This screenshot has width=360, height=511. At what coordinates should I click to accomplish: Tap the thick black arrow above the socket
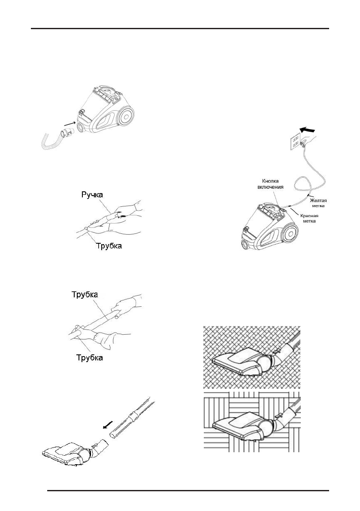[310, 129]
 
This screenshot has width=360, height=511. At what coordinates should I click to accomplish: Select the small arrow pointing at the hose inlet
[70, 125]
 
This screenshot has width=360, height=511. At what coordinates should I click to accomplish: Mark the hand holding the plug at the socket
[308, 140]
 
